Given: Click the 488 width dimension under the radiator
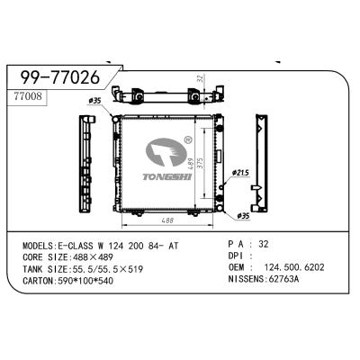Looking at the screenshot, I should click(167, 220).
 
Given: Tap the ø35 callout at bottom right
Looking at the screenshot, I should click(242, 216).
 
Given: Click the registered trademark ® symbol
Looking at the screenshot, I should click(187, 139).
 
